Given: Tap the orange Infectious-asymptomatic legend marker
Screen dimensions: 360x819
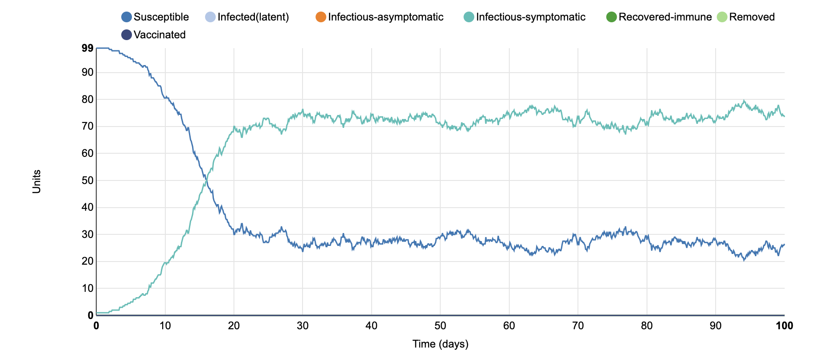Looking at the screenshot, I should [321, 17].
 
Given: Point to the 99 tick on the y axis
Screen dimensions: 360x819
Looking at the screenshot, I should [88, 48].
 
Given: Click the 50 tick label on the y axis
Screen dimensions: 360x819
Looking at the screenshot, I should [88, 180].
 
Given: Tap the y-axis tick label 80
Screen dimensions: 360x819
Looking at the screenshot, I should [88, 99].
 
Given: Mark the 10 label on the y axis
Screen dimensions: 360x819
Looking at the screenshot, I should [88, 288].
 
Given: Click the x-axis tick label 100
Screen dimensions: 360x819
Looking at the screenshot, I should [784, 326].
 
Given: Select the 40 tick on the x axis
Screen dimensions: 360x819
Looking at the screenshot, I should [372, 326].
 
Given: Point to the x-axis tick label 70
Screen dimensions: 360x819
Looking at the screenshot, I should [578, 326].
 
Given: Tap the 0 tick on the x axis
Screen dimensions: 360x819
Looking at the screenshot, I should [96, 326].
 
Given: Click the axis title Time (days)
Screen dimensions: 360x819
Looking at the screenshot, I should [440, 344].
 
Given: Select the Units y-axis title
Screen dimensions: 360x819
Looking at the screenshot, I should [37, 181].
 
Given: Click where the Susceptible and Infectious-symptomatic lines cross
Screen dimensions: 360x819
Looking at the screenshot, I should [206, 177].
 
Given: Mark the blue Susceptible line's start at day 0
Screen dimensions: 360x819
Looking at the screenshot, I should [97, 48].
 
